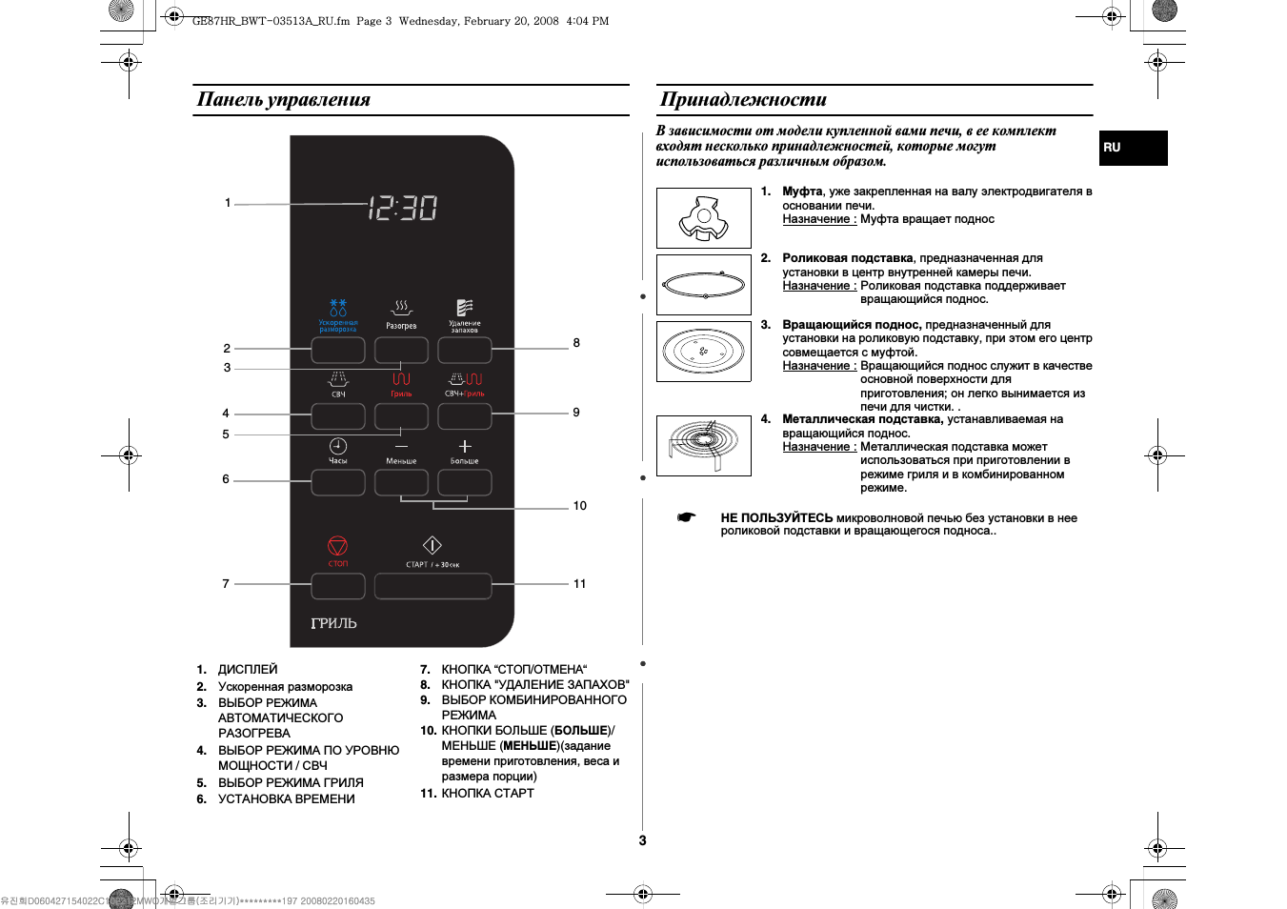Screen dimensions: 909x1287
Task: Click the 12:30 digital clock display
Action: point(402,207)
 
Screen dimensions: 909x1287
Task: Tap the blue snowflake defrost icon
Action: point(338,308)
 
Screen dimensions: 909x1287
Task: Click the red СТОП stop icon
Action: point(338,546)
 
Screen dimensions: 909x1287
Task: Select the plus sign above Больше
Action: point(465,446)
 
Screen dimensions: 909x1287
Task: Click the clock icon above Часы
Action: point(338,446)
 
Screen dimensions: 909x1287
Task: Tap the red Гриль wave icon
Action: point(401,379)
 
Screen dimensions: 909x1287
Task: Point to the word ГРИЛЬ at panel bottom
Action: point(333,623)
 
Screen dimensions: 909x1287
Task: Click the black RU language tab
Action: point(1133,148)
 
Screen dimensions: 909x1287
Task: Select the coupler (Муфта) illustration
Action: point(703,218)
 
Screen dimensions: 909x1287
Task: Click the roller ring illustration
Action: point(703,285)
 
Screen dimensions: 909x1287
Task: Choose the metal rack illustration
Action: point(703,445)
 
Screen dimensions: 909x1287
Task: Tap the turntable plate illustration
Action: point(703,351)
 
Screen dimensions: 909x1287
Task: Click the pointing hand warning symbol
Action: point(686,517)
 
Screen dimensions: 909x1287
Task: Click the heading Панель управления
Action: point(283,99)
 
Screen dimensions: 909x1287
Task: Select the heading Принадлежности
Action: point(743,99)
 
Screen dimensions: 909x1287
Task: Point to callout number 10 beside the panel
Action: point(579,506)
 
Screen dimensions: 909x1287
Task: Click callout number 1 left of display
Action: point(228,203)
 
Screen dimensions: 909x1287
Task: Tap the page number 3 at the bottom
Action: point(642,840)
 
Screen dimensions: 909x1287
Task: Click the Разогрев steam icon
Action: point(401,308)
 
